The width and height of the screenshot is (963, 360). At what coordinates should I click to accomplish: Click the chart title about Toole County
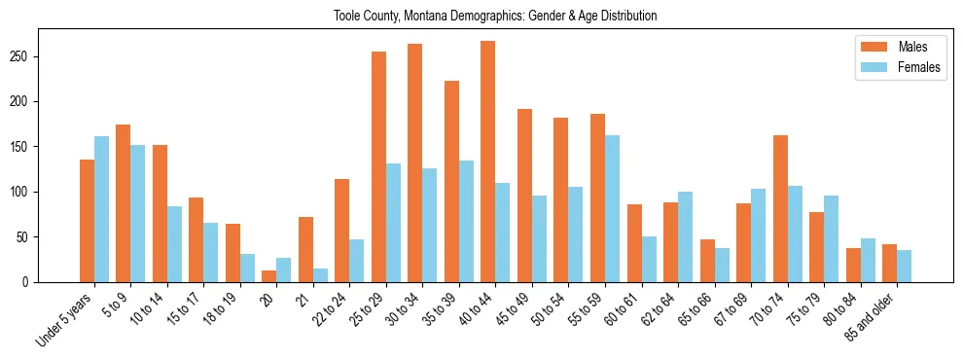[495, 16]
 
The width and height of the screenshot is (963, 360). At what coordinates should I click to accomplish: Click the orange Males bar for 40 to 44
[488, 162]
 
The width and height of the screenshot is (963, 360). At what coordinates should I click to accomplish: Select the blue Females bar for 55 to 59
[612, 209]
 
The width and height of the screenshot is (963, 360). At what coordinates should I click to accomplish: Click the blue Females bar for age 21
[320, 275]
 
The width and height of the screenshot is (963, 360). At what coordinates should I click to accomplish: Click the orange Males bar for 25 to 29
[378, 167]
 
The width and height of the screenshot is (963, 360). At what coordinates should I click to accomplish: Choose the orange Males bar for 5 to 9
[124, 203]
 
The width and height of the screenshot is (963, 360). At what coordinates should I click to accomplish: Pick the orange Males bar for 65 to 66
[707, 261]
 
